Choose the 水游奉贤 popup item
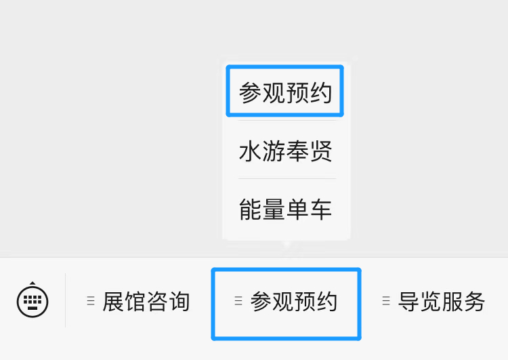click(285, 151)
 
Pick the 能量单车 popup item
click(285, 209)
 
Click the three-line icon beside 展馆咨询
click(91, 301)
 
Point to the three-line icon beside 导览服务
click(386, 301)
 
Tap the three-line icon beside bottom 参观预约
click(238, 301)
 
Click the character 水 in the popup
click(250, 151)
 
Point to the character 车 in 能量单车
click(321, 209)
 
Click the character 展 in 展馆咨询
click(113, 301)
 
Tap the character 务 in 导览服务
click(475, 301)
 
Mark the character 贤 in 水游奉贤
click(321, 151)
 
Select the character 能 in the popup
click(250, 209)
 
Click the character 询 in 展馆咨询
click(179, 301)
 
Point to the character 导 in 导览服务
click(408, 301)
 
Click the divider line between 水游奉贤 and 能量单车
click(287, 178)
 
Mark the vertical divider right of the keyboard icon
click(66, 300)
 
